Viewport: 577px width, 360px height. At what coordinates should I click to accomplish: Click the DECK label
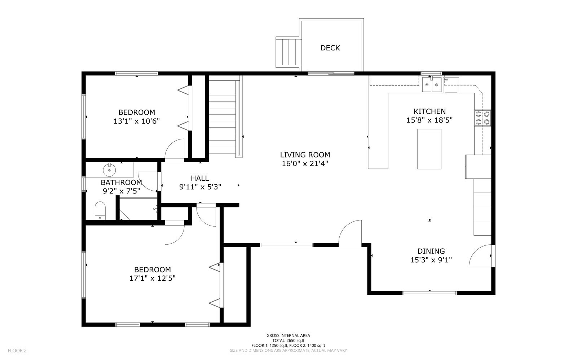tap(330, 48)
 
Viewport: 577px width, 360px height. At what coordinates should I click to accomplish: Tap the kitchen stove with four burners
tap(483, 118)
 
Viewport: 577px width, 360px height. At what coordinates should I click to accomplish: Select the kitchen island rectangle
tap(429, 149)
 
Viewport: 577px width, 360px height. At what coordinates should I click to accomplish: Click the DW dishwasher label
tap(446, 80)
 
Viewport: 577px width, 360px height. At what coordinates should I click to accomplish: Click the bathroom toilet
tap(100, 210)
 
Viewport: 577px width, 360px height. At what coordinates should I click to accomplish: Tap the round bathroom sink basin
tap(110, 170)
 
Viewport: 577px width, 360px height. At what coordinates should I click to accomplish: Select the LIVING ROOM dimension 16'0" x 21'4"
tap(305, 164)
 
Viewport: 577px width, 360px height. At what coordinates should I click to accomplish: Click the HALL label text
tap(200, 178)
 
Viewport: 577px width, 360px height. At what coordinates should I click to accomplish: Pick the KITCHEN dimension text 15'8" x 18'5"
tap(430, 120)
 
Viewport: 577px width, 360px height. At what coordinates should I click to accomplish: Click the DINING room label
tap(431, 251)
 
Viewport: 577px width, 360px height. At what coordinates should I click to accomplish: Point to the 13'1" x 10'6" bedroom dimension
tap(137, 121)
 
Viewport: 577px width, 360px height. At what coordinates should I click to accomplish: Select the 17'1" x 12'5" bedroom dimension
tap(152, 278)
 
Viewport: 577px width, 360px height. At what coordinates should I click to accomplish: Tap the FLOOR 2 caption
tap(17, 351)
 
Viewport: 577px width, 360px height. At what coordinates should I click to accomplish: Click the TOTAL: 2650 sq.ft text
tap(288, 341)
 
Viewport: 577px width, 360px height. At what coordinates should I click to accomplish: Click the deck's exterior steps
tap(288, 52)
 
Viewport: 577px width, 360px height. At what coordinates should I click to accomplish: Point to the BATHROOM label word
tap(121, 182)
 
